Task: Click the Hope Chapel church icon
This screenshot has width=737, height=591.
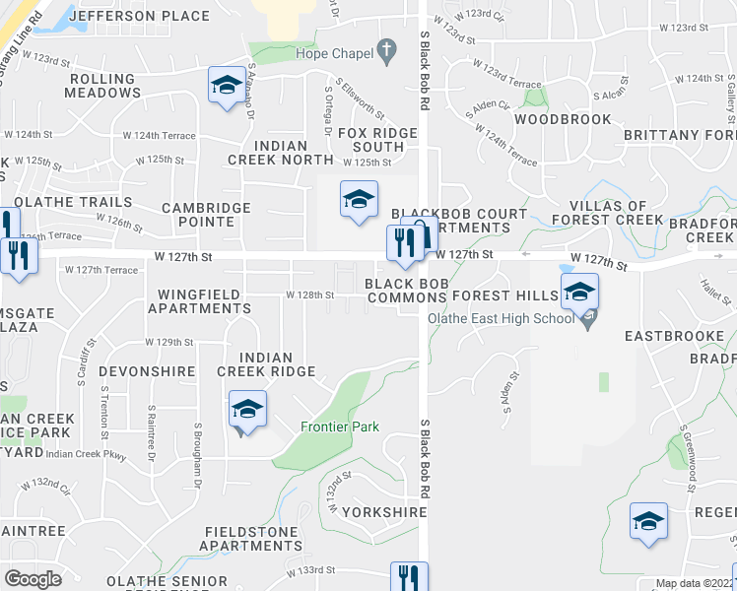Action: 387,50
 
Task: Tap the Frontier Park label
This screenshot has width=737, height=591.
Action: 340,427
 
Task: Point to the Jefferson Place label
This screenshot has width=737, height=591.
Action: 154,17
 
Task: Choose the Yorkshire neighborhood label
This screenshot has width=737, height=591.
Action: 385,512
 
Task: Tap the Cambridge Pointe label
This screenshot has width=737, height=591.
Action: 198,215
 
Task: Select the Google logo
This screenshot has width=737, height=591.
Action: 33,579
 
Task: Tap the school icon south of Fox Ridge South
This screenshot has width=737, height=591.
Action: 359,199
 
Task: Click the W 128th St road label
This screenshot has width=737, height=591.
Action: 310,295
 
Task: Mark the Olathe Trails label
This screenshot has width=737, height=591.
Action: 89,202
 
